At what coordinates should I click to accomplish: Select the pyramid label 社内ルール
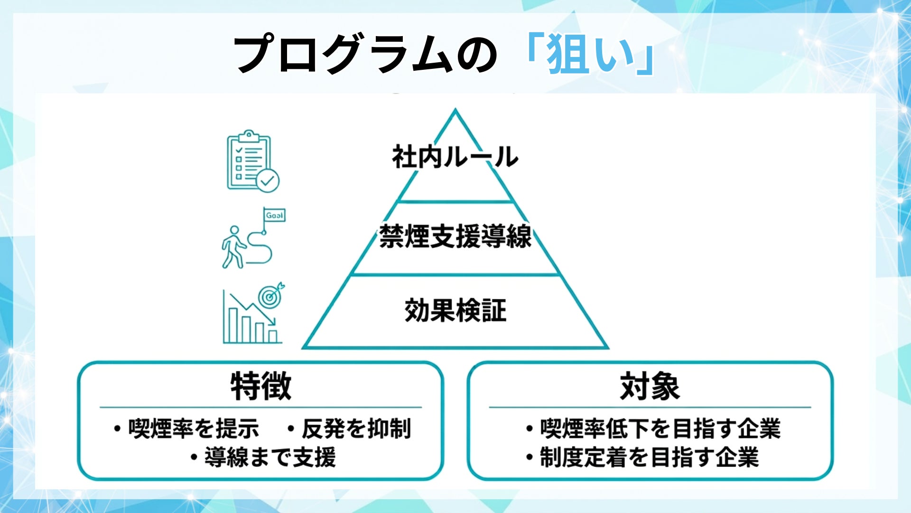pyautogui.click(x=455, y=157)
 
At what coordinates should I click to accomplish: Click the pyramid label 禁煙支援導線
pyautogui.click(x=455, y=236)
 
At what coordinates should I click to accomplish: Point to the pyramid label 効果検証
pyautogui.click(x=455, y=311)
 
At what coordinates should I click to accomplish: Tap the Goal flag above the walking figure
pyautogui.click(x=275, y=215)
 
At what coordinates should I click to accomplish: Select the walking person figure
pyautogui.click(x=233, y=247)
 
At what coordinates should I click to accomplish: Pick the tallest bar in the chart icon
pyautogui.click(x=233, y=325)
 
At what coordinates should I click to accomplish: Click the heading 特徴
pyautogui.click(x=260, y=386)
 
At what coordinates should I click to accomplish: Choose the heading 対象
pyautogui.click(x=650, y=386)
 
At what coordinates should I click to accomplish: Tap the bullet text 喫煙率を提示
pyautogui.click(x=194, y=428)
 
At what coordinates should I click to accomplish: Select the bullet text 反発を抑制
pyautogui.click(x=356, y=428)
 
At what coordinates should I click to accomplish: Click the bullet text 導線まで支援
pyautogui.click(x=270, y=457)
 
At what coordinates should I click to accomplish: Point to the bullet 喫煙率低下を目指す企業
pyautogui.click(x=660, y=428)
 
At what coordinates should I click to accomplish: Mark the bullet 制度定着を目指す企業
pyautogui.click(x=649, y=457)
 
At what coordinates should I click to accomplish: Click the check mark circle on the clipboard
pyautogui.click(x=268, y=180)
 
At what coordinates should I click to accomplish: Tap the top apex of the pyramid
pyautogui.click(x=455, y=111)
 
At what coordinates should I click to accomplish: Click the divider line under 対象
pyautogui.click(x=650, y=407)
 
